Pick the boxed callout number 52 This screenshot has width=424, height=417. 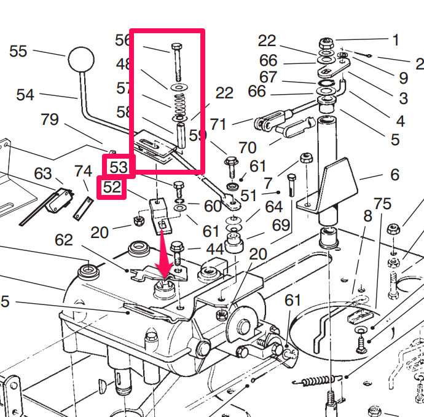112,188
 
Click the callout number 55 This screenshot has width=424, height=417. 18,51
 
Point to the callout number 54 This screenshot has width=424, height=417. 25,95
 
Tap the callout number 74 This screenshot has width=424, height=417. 83,172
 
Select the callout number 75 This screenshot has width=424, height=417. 382,204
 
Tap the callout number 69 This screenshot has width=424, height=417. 280,225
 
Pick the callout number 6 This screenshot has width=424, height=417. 394,174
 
